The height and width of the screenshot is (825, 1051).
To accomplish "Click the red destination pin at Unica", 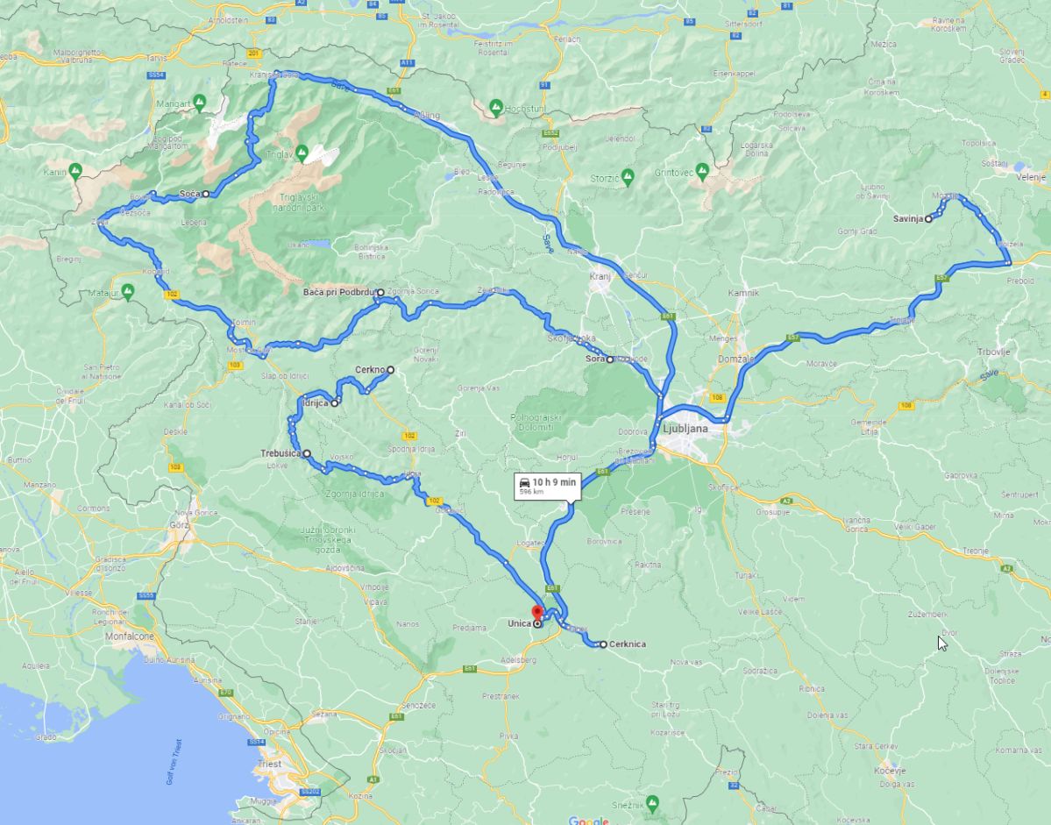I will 538,611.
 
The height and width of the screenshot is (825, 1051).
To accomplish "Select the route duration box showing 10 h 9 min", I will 547,486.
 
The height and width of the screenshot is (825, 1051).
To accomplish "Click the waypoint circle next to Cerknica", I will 603,644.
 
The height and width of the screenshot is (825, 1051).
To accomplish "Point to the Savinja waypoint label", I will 908,219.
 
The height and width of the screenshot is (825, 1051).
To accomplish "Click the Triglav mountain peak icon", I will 302,152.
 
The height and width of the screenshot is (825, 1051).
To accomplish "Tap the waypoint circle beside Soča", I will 205,194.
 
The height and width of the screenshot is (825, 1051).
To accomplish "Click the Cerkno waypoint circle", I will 391,370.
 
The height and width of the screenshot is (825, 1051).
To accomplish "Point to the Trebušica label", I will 280,453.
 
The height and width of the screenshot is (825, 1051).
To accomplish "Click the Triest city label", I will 270,764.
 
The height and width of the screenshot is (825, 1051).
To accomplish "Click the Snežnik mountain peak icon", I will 653,802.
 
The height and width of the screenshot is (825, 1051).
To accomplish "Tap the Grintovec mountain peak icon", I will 701,169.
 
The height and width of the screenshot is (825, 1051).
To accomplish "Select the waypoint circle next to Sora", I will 610,359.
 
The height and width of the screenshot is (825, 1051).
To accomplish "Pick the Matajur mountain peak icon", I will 129,290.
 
